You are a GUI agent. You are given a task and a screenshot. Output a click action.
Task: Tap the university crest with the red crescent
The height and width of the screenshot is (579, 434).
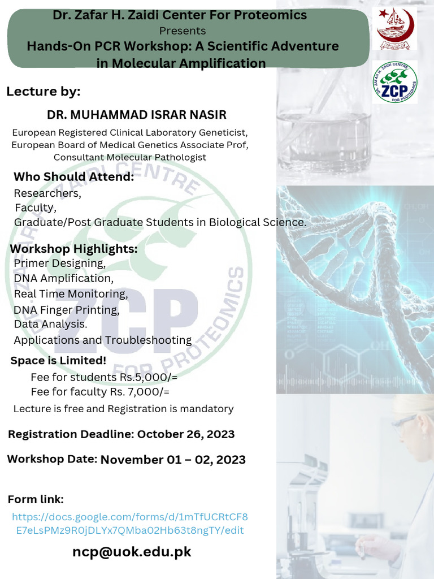point(396,28)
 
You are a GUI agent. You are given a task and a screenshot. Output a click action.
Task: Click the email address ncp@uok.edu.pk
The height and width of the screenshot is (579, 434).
point(132,552)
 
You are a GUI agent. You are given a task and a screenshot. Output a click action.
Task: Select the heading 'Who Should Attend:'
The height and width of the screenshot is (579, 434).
point(73,177)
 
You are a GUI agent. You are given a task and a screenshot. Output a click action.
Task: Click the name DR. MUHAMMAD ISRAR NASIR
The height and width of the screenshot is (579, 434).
point(137,115)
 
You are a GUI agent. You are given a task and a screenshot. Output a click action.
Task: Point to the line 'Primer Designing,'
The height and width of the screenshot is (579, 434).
point(59,263)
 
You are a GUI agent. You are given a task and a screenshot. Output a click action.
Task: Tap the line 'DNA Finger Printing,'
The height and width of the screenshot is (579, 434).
point(67,310)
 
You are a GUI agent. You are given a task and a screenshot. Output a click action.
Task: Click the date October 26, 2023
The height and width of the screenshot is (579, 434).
point(186,434)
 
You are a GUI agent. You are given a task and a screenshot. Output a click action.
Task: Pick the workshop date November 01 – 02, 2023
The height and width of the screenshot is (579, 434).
point(173,459)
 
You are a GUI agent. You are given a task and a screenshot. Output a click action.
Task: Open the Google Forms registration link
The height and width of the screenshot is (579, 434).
point(129,524)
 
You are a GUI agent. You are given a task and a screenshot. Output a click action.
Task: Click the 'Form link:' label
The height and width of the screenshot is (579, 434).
point(36,499)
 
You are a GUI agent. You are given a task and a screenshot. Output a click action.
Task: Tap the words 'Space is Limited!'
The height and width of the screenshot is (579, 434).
point(58,360)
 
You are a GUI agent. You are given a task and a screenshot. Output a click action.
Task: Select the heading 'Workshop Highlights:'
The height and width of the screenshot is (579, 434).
point(73,249)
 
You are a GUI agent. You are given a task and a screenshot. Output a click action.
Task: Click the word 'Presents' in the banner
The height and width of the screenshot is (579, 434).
point(183,31)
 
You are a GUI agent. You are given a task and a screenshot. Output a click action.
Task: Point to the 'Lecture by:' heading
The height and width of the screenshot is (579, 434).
point(44,92)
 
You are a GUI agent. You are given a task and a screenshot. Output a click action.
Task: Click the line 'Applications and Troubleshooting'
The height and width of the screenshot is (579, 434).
point(102,340)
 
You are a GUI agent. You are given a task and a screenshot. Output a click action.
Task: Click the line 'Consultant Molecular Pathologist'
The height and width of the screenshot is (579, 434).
point(130,157)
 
